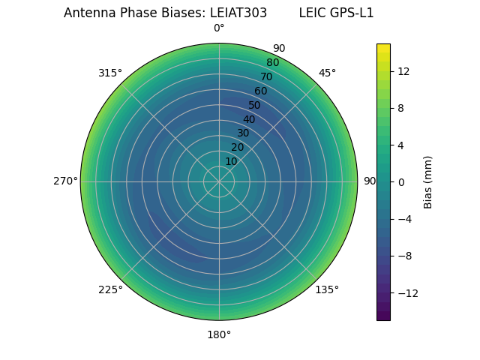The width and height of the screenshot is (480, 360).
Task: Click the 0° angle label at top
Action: tap(219, 28)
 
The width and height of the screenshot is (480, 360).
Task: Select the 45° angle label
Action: tap(327, 73)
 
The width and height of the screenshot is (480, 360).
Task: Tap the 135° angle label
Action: tap(327, 289)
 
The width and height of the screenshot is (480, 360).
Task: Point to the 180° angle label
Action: tap(219, 334)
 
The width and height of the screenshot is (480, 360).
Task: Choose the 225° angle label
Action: tap(110, 289)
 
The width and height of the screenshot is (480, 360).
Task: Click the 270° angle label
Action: tap(65, 181)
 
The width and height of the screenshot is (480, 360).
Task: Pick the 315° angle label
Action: tap(110, 73)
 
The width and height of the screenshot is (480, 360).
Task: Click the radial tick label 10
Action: tap(231, 161)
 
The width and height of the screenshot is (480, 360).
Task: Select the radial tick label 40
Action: tap(249, 119)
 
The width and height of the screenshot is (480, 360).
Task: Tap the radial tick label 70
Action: tap(266, 76)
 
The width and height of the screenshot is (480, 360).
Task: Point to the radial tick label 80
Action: tap(272, 62)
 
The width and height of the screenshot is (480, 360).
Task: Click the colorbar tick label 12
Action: tap(403, 71)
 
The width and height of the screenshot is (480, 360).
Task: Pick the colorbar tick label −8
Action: tap(403, 256)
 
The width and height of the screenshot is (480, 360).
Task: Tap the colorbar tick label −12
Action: tap(403, 292)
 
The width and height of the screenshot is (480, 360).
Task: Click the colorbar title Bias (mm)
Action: tap(428, 181)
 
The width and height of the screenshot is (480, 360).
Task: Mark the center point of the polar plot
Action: tap(219, 181)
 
